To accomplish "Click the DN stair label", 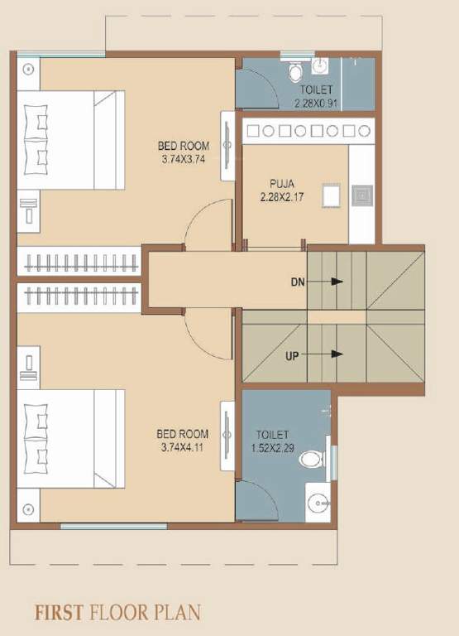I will tap(298, 282).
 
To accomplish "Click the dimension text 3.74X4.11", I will tap(183, 448).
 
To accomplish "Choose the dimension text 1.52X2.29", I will tap(272, 448).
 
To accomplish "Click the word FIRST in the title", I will tap(58, 613).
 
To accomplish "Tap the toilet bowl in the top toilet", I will tap(295, 72).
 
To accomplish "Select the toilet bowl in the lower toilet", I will tap(312, 459).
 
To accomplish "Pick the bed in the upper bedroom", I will tap(71, 132).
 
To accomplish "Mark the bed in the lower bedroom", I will tap(71, 427).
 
